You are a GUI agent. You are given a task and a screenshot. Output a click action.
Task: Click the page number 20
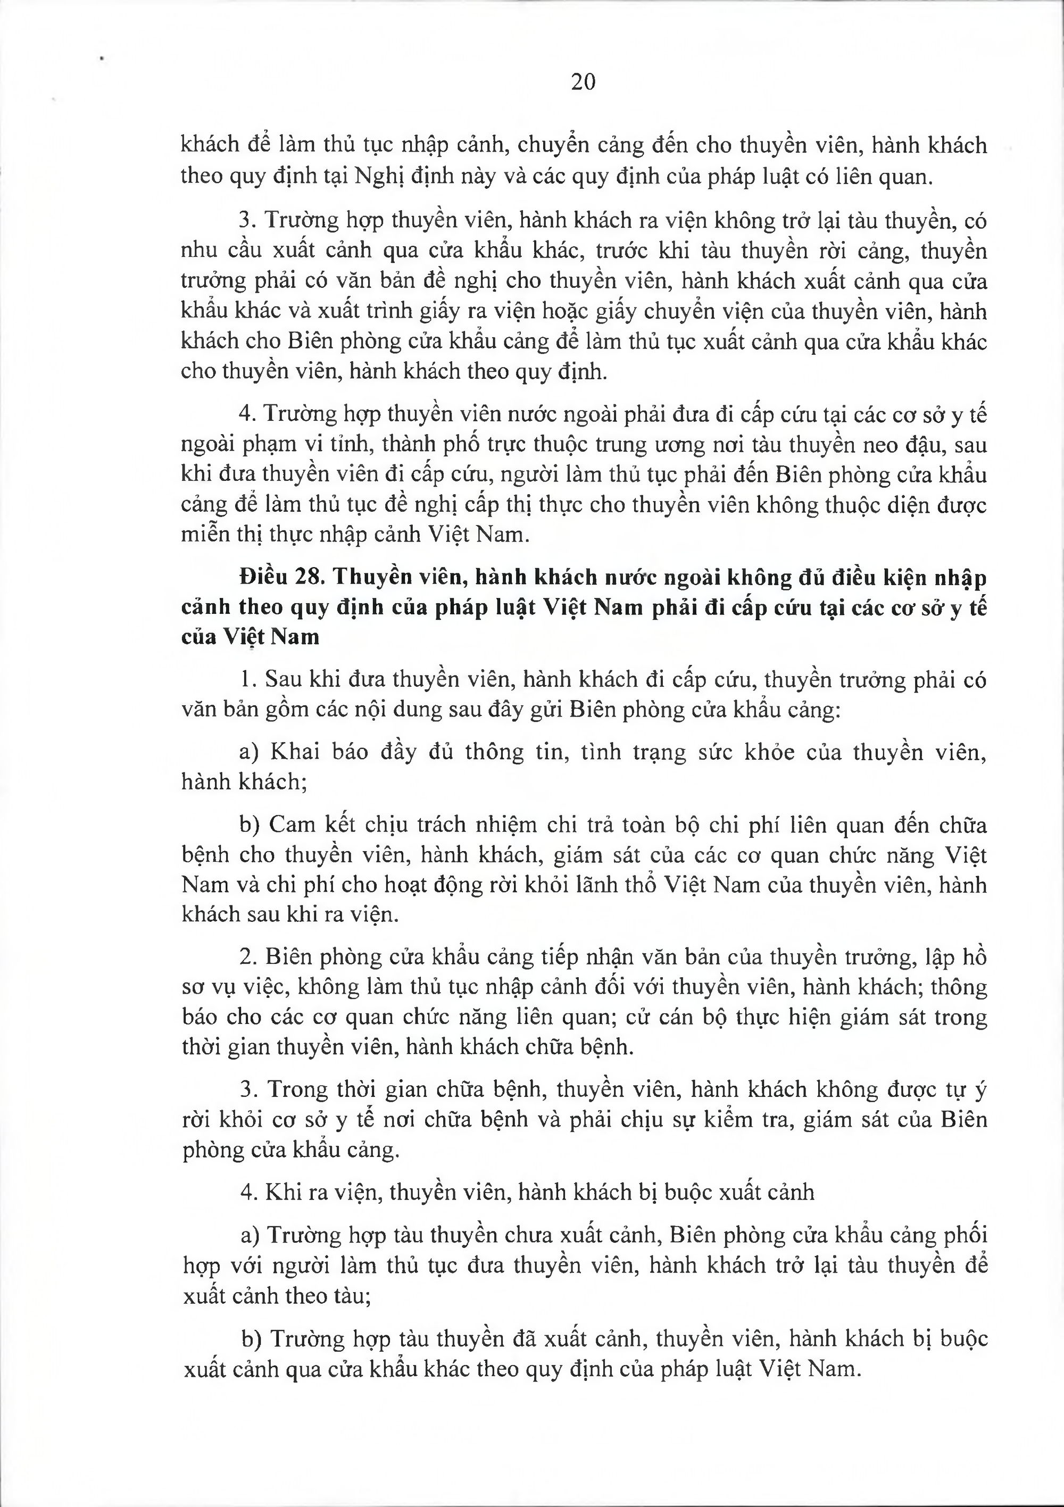coord(583,82)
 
